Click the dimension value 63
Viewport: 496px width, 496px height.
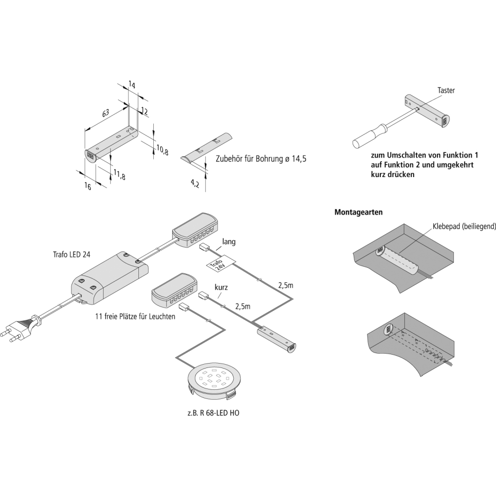coord(106,114)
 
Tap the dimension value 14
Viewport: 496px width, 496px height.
coord(131,85)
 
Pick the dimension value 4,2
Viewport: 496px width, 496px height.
coord(194,185)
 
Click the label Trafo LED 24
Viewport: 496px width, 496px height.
coord(72,255)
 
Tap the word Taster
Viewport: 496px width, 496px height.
coord(446,91)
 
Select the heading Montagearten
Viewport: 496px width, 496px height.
coord(358,212)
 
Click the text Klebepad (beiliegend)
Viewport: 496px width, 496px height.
coord(464,227)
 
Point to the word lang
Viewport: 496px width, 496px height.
coord(229,242)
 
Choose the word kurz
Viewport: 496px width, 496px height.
coord(221,287)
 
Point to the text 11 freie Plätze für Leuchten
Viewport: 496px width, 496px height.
coord(135,316)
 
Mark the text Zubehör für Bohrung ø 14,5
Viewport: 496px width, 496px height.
coord(261,159)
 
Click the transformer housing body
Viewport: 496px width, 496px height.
coord(109,277)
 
